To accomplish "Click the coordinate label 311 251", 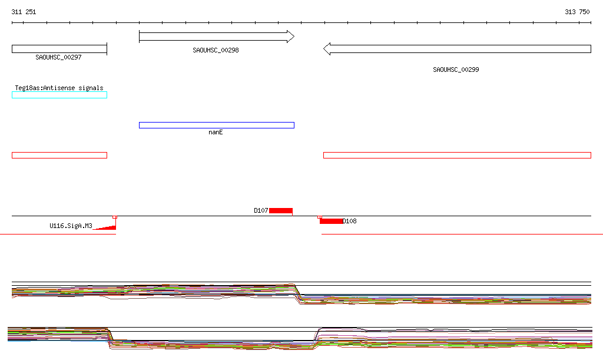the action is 24,12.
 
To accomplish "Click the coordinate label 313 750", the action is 577,12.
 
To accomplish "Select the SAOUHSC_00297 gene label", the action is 58,57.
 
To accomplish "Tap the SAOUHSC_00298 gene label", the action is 216,51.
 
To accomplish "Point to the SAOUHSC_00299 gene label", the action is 456,70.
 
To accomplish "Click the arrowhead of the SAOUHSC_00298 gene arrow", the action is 291,37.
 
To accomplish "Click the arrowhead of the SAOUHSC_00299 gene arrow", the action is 327,49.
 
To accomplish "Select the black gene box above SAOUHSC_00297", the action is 59,49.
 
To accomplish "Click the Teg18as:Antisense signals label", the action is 59,88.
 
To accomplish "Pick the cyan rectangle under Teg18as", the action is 59,95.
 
